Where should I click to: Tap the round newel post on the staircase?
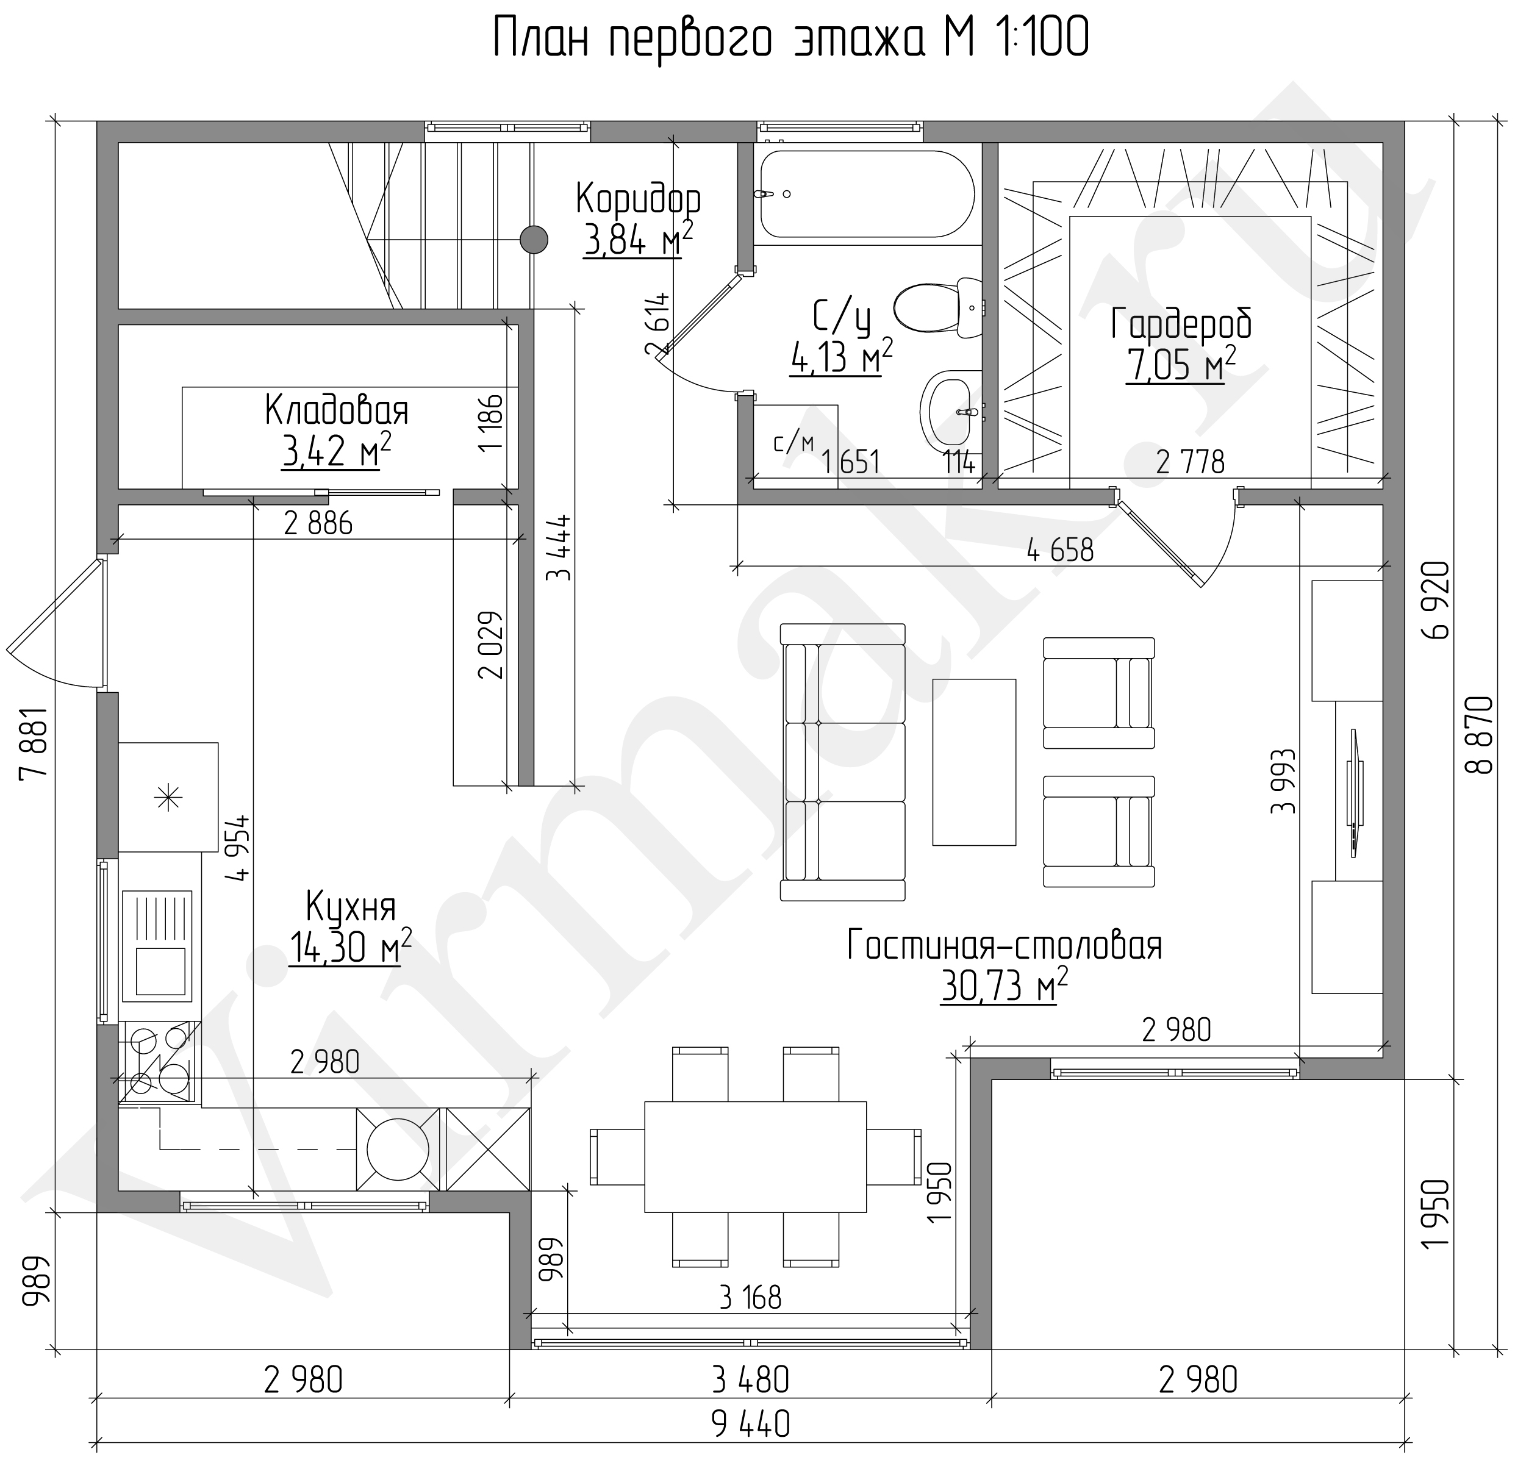tap(534, 239)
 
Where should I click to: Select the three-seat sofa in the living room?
tap(842, 762)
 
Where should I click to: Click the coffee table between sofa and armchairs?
tap(974, 762)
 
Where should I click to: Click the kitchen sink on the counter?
tap(157, 945)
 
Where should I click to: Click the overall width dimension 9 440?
tap(750, 1423)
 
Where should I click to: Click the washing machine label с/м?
tap(794, 443)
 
